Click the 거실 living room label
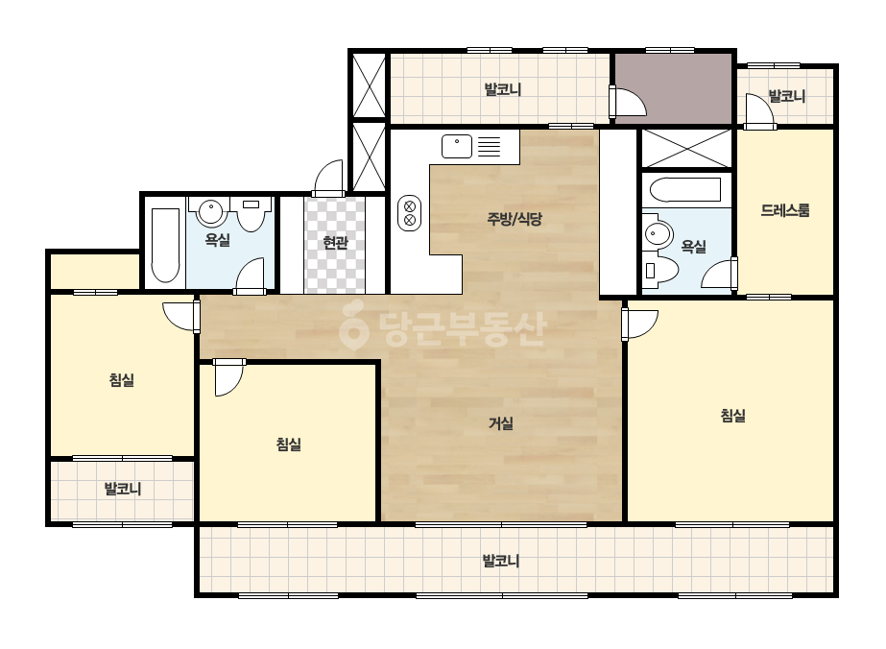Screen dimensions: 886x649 coord(501,422)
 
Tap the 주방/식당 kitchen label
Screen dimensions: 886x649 coord(515,219)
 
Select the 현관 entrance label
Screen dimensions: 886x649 coord(334,243)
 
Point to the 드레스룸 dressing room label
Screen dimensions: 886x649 coord(785,210)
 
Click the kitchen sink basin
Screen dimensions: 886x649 coord(457,146)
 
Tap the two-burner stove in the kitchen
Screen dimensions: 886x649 coord(410,212)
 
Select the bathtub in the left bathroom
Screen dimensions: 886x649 coord(165,245)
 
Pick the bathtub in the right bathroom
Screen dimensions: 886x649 coord(684,189)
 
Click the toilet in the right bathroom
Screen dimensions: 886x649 coord(660,271)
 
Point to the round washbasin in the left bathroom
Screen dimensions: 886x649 coord(211,212)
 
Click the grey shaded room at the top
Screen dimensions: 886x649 coord(673,87)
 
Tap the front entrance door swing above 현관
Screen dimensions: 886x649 coord(329,178)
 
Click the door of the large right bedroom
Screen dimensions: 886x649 coord(639,324)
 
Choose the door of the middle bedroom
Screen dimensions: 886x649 coord(229,377)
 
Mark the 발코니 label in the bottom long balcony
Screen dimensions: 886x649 coord(501,561)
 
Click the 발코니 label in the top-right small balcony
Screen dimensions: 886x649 coord(786,96)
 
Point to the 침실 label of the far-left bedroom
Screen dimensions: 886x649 coord(122,379)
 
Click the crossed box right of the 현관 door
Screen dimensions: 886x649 coord(369,157)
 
